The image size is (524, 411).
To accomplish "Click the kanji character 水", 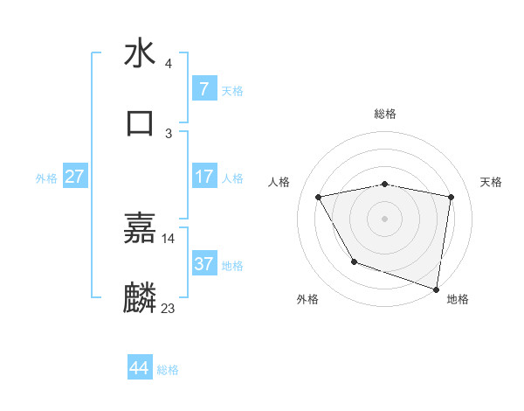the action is click(x=140, y=53).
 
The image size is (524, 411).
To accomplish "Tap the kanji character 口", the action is click(x=140, y=122).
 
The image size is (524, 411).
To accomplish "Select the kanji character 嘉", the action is click(x=140, y=229).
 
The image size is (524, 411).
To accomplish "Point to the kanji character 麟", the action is click(x=140, y=298).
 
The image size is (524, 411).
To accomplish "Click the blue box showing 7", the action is click(x=203, y=88).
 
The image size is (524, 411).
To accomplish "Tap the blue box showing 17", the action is click(x=203, y=177).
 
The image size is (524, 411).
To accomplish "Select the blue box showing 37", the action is click(x=203, y=263).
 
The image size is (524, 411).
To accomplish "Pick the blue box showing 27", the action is click(x=75, y=177).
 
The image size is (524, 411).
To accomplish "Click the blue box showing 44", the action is click(x=140, y=368).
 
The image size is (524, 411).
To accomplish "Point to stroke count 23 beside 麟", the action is click(x=168, y=308).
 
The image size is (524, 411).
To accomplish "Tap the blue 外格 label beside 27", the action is click(x=46, y=178).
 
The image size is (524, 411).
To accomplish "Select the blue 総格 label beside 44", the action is click(x=168, y=370).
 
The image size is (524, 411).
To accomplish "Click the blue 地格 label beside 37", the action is click(x=232, y=265).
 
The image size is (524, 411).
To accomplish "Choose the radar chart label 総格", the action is click(x=385, y=114).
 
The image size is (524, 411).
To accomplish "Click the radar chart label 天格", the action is click(x=491, y=182).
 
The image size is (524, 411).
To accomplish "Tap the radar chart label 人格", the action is click(x=279, y=182).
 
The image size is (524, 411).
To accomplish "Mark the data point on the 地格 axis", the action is click(x=437, y=289).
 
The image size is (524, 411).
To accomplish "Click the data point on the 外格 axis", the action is click(x=354, y=261).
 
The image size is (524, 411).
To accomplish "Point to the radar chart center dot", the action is click(x=385, y=218).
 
